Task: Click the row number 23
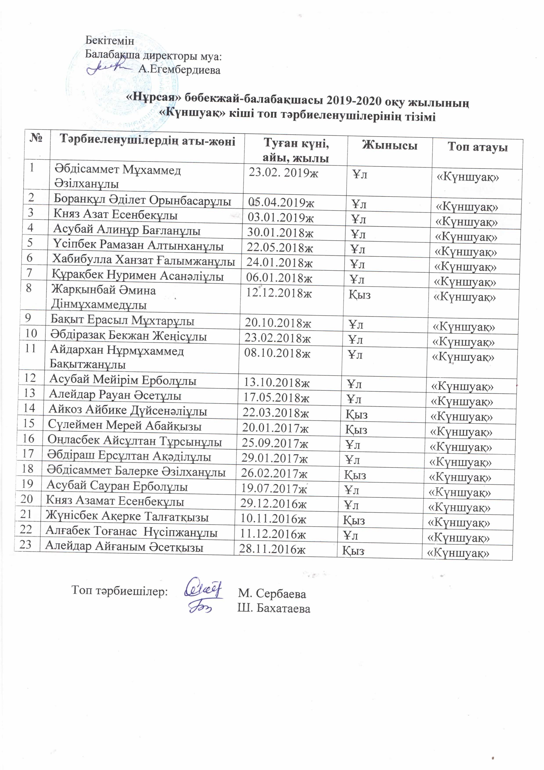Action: click(x=25, y=545)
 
